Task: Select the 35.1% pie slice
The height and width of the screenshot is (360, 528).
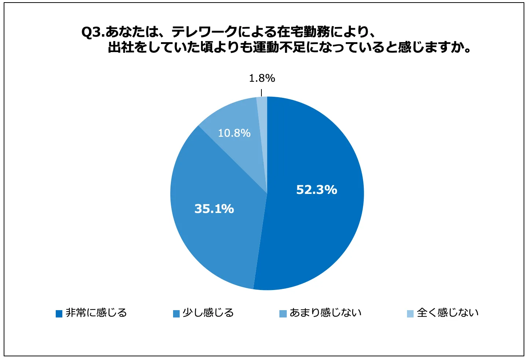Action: [216, 235]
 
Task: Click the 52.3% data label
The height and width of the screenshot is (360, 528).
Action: [316, 190]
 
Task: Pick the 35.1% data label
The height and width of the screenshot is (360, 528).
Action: [214, 209]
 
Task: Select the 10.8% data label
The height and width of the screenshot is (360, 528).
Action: [234, 133]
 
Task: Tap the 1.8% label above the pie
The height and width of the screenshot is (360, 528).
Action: [262, 78]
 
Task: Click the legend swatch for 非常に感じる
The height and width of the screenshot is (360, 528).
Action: [59, 313]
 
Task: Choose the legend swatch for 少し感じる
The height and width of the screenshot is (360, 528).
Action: [176, 313]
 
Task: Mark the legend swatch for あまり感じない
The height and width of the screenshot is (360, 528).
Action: [283, 313]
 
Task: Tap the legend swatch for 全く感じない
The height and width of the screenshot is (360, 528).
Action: [410, 313]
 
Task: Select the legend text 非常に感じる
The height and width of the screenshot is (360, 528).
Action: [96, 313]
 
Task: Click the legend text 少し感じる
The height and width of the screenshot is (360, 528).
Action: [208, 313]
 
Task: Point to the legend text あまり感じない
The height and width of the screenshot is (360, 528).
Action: [326, 313]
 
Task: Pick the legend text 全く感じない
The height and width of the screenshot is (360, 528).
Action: [448, 313]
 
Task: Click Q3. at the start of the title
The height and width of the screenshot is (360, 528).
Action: [93, 33]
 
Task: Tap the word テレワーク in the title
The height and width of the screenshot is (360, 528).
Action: [205, 32]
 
